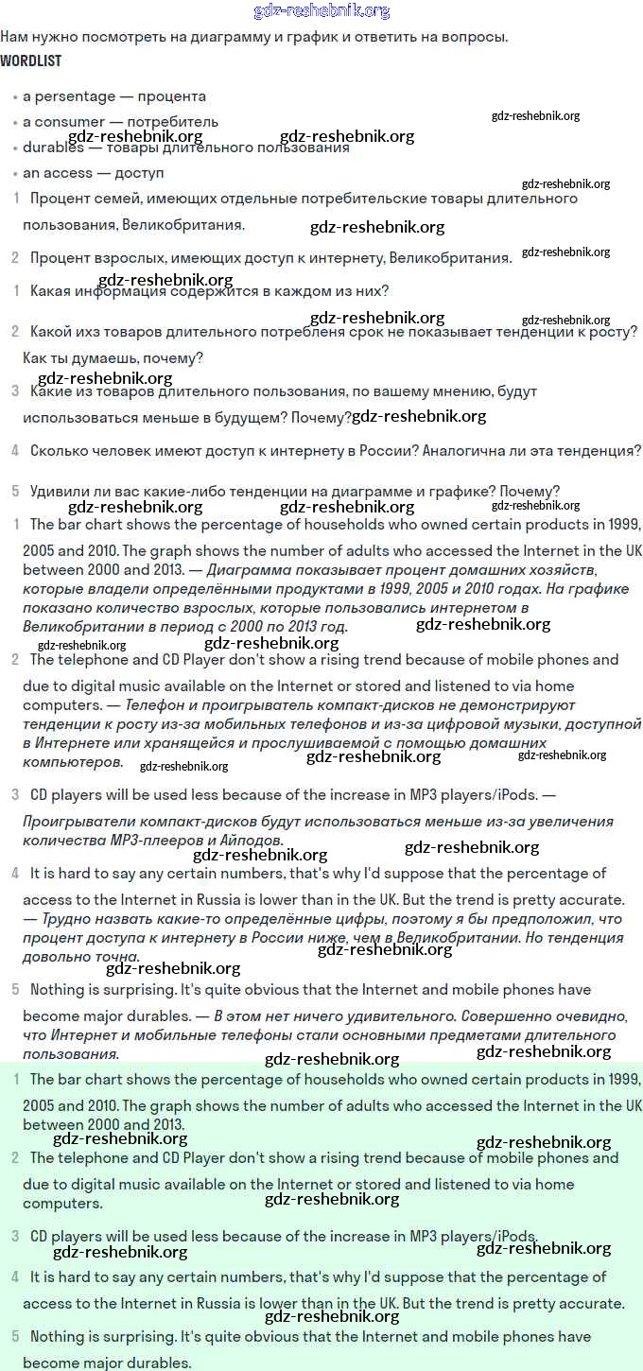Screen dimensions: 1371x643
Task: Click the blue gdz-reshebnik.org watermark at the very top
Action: pos(321,11)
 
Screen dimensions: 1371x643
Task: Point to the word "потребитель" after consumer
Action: pos(179,122)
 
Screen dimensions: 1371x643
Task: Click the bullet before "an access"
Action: pos(15,174)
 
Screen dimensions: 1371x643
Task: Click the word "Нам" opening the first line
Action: pos(13,38)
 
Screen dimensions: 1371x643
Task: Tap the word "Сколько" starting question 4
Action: pos(59,451)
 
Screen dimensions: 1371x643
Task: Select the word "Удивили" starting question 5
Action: pos(60,492)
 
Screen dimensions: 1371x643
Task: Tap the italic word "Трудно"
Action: pos(68,919)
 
